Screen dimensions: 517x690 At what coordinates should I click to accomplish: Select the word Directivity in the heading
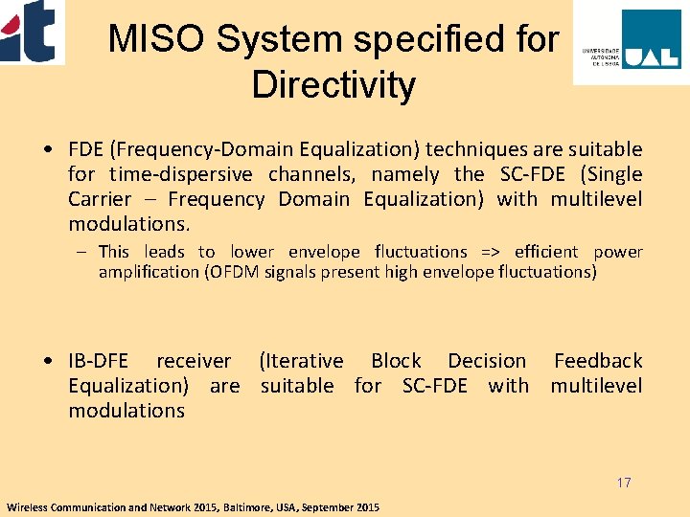(333, 85)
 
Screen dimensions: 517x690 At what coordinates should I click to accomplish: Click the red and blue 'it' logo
(31, 31)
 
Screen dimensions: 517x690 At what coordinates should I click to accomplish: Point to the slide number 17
(624, 483)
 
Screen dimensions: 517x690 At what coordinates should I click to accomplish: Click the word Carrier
(100, 199)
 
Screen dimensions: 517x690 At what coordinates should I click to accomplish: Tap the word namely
(405, 174)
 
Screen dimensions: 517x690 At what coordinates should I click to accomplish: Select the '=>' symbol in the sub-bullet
(491, 252)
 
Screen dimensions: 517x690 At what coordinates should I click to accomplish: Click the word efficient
(546, 252)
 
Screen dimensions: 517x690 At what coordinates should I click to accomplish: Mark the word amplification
(147, 272)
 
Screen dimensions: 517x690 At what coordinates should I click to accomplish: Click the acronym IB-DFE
(100, 361)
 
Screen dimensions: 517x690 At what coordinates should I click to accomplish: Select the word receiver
(194, 361)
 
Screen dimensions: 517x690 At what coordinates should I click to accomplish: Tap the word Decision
(487, 361)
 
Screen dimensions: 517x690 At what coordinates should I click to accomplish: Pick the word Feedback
(598, 361)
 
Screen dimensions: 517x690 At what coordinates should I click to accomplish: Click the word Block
(396, 361)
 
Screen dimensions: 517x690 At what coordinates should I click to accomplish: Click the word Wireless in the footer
(28, 506)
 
